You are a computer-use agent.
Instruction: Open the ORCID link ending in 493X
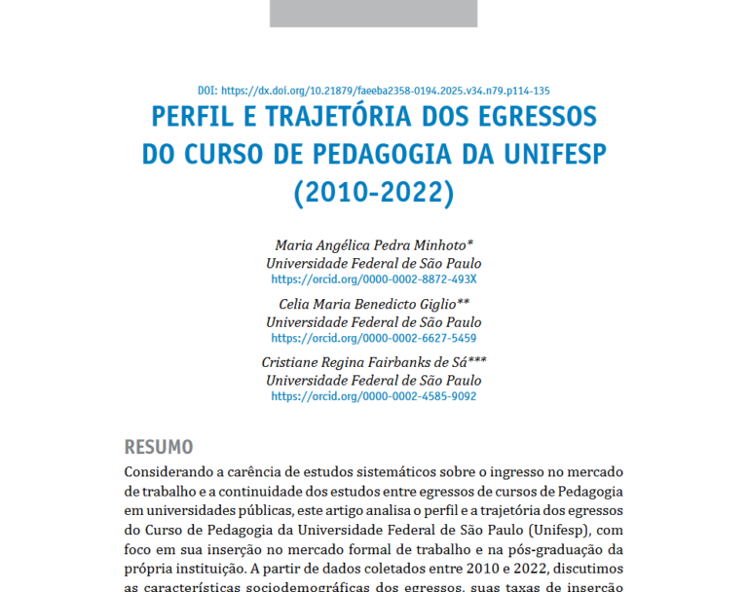[374, 279]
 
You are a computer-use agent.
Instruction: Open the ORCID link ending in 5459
[374, 338]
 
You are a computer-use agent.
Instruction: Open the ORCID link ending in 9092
[374, 396]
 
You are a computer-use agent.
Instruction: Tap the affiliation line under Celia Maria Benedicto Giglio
[374, 321]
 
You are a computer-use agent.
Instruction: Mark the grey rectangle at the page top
[374, 13]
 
